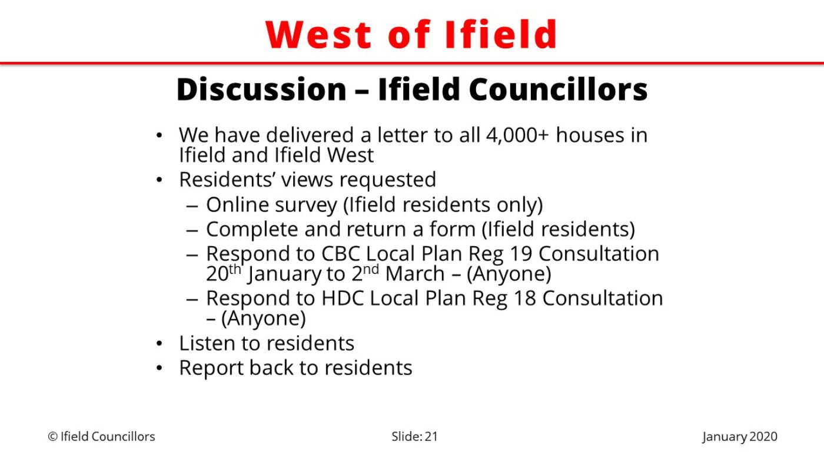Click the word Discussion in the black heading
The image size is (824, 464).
coord(261,89)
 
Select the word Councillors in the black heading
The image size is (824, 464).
coord(558,89)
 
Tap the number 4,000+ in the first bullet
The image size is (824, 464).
coord(517,135)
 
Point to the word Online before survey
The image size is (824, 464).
coord(237,204)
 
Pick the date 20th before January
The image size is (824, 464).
coord(223,273)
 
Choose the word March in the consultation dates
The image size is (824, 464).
coord(415,274)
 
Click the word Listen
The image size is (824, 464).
coord(207,343)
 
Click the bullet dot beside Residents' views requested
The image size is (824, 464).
coord(160,180)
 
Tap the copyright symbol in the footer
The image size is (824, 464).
coord(53,437)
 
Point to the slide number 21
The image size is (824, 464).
coord(431,437)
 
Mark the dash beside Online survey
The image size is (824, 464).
coord(192,206)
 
